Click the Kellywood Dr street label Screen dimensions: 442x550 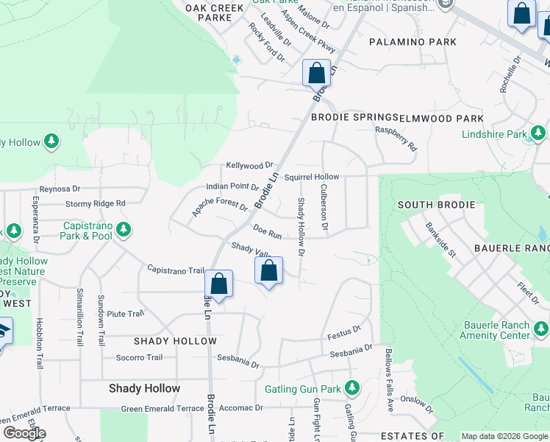pyautogui.click(x=249, y=165)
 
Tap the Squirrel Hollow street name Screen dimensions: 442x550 pyautogui.click(x=312, y=177)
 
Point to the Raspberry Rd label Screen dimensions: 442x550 pyautogui.click(x=396, y=138)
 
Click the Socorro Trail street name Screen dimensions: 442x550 pyautogui.click(x=139, y=358)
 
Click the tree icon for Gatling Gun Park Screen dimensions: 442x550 pyautogui.click(x=352, y=387)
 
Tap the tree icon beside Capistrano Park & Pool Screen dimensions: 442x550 pyautogui.click(x=124, y=230)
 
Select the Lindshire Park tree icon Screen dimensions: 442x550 pyautogui.click(x=538, y=134)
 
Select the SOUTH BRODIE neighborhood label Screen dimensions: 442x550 pyautogui.click(x=436, y=204)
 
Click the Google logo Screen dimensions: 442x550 pyautogui.click(x=24, y=433)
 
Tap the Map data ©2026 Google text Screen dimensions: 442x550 pyautogui.click(x=504, y=435)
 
